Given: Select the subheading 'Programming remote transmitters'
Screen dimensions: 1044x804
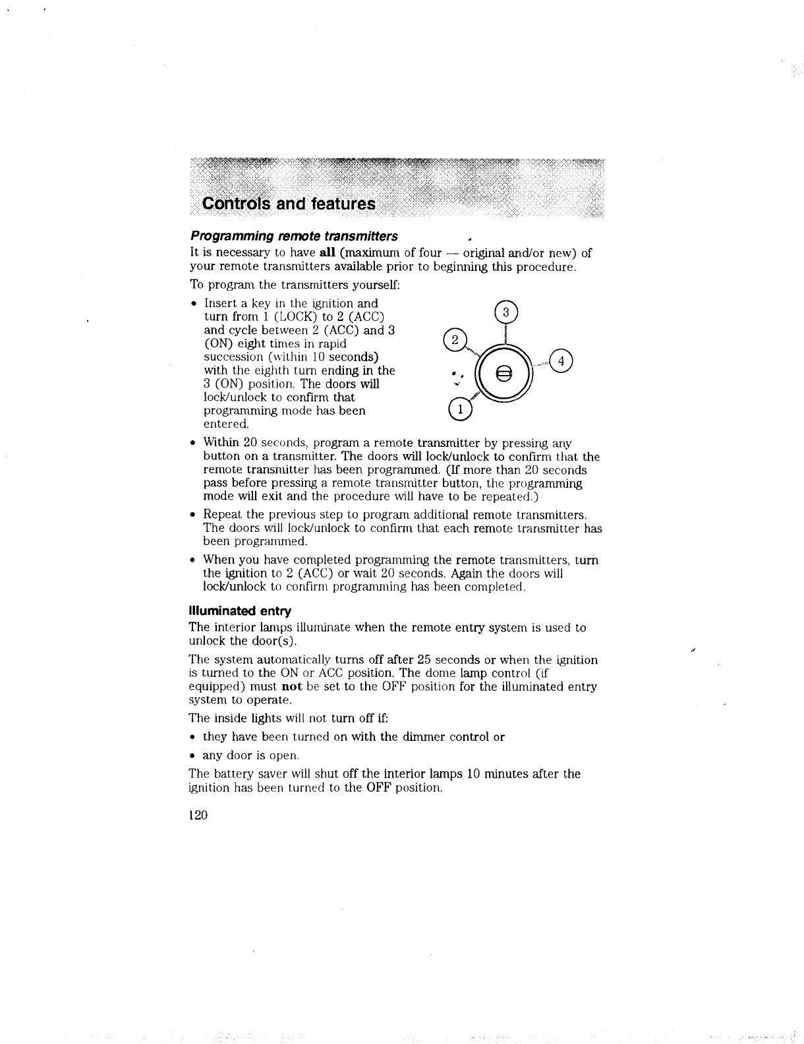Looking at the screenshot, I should pyautogui.click(x=294, y=236).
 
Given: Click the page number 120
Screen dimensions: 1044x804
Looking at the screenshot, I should pyautogui.click(x=198, y=815).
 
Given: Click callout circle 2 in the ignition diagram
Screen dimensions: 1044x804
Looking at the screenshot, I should pyautogui.click(x=453, y=340).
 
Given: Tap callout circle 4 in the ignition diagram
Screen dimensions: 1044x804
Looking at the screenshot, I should pyautogui.click(x=561, y=361).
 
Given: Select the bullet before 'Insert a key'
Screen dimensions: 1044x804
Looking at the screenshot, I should pyautogui.click(x=193, y=304).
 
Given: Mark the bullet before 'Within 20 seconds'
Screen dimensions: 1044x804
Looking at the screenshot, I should pyautogui.click(x=193, y=444).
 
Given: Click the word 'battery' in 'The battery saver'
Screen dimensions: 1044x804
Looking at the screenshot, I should pyautogui.click(x=230, y=774).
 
